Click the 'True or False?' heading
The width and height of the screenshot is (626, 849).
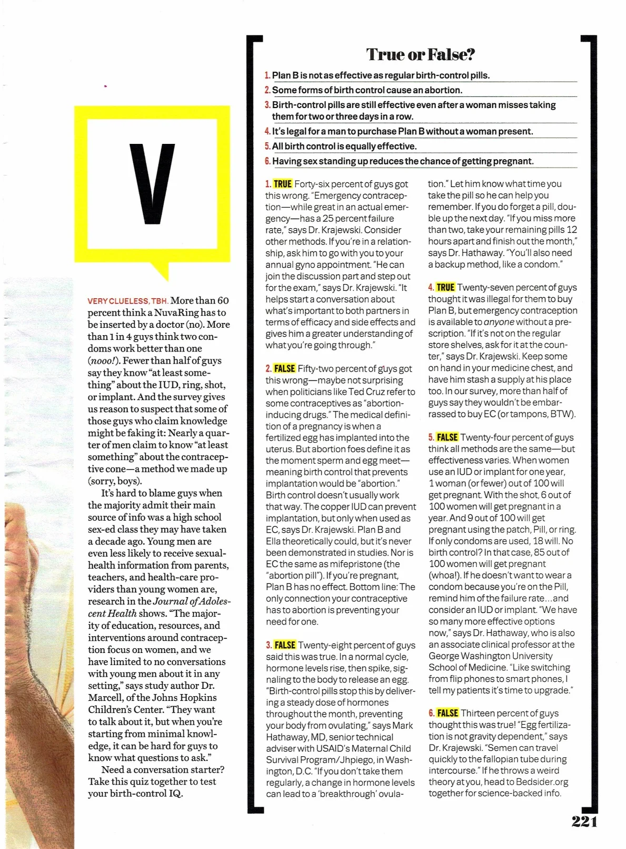point(420,54)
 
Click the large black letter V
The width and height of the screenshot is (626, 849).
point(152,184)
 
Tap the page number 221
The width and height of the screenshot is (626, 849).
point(584,822)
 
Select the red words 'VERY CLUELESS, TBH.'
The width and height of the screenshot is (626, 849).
point(128,301)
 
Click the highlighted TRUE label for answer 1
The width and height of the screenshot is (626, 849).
point(283,184)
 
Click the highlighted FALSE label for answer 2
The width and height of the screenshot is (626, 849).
point(284,368)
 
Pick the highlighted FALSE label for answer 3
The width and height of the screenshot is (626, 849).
point(285,645)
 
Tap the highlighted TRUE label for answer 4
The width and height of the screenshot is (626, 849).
point(445,287)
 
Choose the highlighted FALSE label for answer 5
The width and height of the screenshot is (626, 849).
point(447,437)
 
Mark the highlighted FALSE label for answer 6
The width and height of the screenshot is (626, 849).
point(448,713)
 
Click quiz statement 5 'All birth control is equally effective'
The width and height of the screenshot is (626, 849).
point(344,147)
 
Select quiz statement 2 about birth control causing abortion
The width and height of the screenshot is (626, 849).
point(367,90)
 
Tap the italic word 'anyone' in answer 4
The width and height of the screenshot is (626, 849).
point(499,322)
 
